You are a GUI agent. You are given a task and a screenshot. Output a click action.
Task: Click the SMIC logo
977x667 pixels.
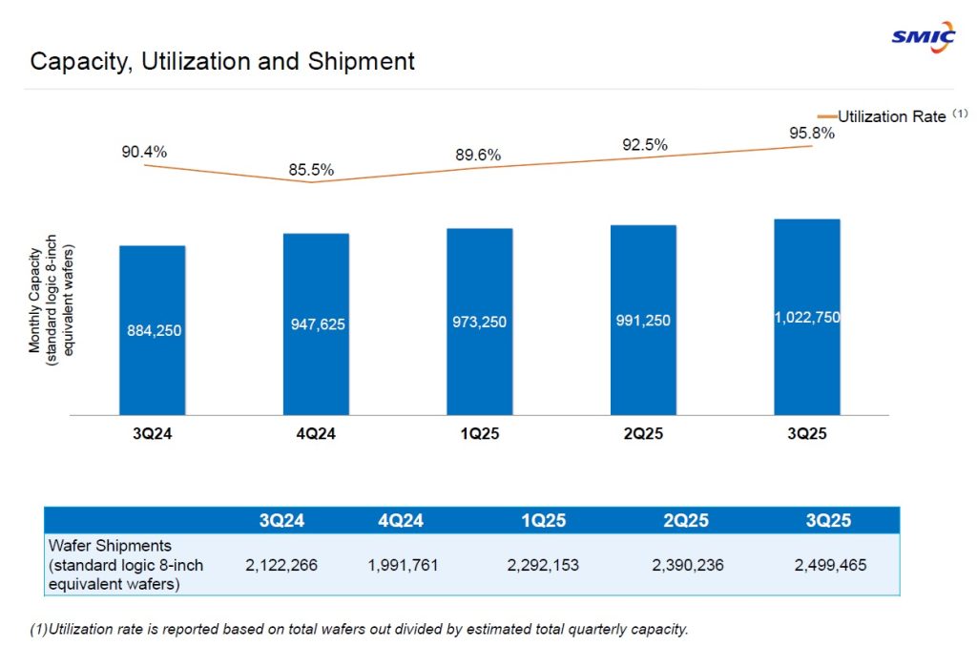pos(923,37)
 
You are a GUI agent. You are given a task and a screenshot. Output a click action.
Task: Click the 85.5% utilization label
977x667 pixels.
pos(311,171)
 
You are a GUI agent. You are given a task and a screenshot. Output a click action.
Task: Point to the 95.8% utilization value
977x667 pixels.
pos(812,134)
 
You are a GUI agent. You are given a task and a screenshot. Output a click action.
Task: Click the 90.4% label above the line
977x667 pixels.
pos(144,152)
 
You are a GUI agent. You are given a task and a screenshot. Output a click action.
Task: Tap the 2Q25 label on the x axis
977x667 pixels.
pos(643,434)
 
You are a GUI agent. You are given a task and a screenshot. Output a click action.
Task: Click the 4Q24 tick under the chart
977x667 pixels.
pos(316,434)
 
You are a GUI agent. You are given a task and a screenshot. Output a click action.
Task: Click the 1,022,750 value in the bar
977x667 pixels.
pos(807,318)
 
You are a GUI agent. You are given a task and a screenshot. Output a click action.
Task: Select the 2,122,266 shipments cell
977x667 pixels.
pos(281,565)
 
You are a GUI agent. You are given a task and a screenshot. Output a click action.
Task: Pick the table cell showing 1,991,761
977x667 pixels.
pos(404,565)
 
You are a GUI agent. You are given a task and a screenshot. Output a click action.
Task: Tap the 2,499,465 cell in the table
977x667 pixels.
pos(830,565)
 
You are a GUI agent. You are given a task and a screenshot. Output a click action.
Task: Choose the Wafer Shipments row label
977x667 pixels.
pos(125,565)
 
